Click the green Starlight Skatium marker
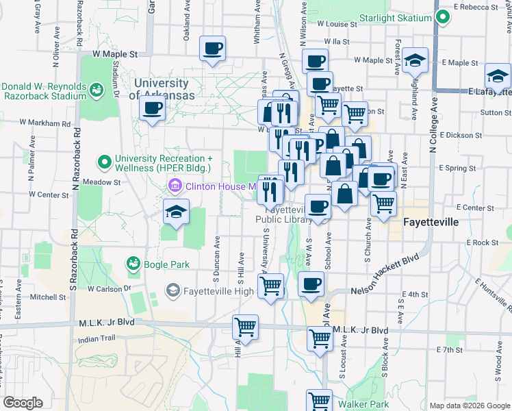click(442, 18)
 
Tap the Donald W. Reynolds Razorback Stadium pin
click(97, 89)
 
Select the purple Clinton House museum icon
click(175, 186)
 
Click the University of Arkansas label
click(164, 89)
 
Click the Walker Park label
click(363, 404)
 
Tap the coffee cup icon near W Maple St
click(212, 49)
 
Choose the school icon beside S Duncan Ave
click(176, 212)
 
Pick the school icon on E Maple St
click(415, 60)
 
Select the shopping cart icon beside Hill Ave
click(245, 327)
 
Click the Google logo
click(23, 403)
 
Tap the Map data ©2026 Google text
click(469, 406)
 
